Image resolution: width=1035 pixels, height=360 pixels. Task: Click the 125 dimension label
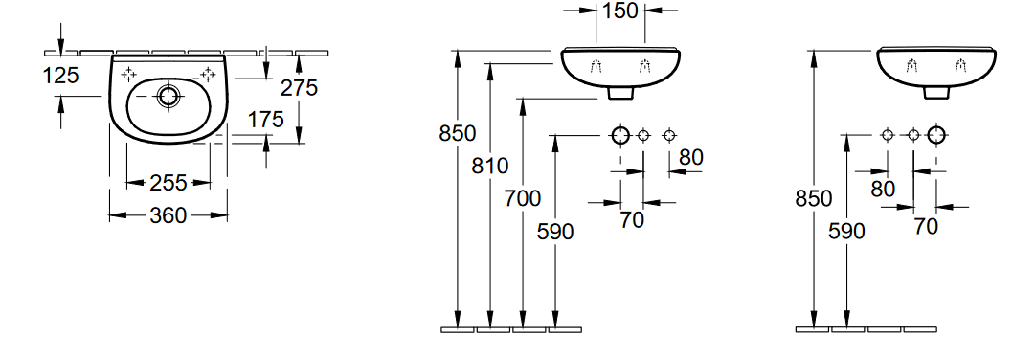pos(60,76)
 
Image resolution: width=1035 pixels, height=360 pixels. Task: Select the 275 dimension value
pos(299,87)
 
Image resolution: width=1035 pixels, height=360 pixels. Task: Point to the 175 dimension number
pos(266,120)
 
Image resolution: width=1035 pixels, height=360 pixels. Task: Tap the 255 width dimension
pos(169,182)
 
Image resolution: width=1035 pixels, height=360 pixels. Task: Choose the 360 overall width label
pos(169,214)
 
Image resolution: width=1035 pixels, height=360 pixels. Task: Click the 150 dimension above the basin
pos(619,11)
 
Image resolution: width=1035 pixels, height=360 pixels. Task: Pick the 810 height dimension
pos(490,166)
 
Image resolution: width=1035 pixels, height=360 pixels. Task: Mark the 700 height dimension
pos(523,198)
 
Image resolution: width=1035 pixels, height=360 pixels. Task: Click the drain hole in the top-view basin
pos(169,96)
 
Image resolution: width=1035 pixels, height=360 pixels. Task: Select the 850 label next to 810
pos(458,133)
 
